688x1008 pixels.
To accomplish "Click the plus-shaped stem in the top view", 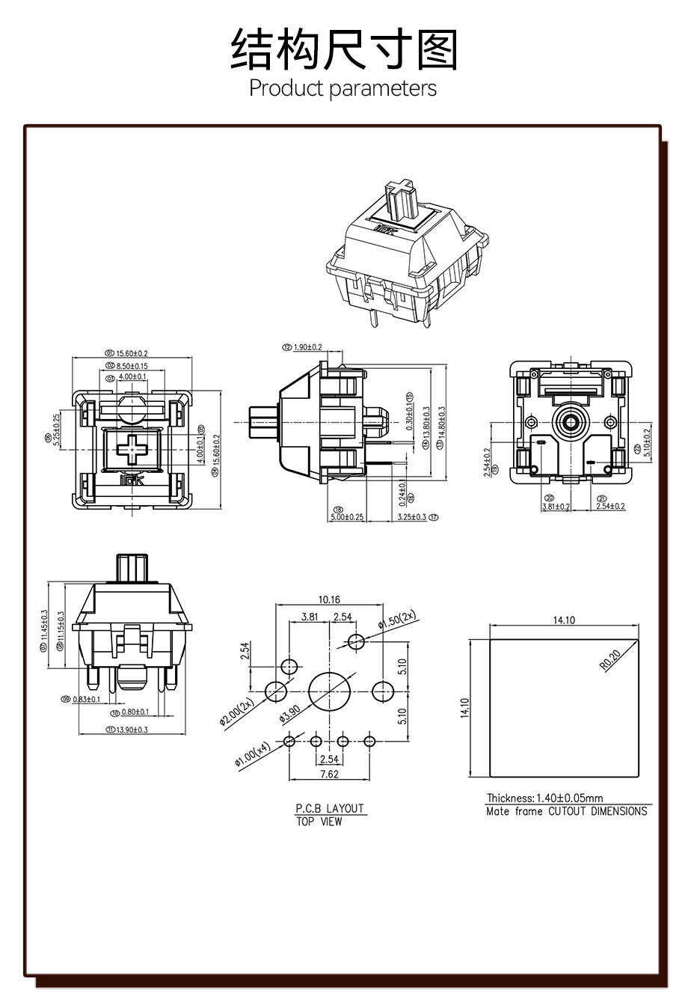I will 133,449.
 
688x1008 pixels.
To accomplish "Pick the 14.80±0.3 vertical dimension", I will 441,427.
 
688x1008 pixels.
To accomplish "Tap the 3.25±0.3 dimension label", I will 412,516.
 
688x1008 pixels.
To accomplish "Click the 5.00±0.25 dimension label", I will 348,516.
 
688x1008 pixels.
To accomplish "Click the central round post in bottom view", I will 571,421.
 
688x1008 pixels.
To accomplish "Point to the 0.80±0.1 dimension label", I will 135,712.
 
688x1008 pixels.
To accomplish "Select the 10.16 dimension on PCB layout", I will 329,599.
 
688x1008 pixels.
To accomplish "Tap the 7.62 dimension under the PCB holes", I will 329,774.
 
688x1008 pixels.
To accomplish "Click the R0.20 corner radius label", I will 610,659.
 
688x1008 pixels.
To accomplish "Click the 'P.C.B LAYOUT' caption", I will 329,808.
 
